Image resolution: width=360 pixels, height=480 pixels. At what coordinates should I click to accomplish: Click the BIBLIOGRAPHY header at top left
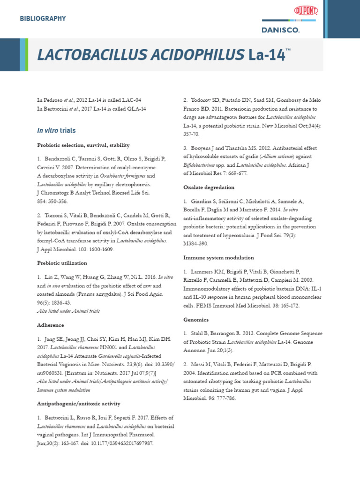coord(42,19)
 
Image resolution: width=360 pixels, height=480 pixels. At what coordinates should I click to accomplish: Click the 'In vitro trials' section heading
coord(56,130)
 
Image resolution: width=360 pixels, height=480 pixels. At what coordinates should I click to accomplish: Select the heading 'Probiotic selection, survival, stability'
coord(83,145)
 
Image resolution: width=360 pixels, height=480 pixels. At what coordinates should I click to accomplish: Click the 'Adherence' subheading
coord(50,324)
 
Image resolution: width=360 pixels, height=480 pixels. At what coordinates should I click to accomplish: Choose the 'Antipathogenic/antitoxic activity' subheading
coord(78,403)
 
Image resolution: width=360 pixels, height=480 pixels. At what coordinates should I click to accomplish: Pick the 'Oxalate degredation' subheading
coord(209,187)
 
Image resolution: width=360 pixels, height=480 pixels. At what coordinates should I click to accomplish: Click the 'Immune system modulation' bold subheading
coord(218,257)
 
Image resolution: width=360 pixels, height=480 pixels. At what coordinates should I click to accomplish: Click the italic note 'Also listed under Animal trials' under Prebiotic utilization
coord(68,311)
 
